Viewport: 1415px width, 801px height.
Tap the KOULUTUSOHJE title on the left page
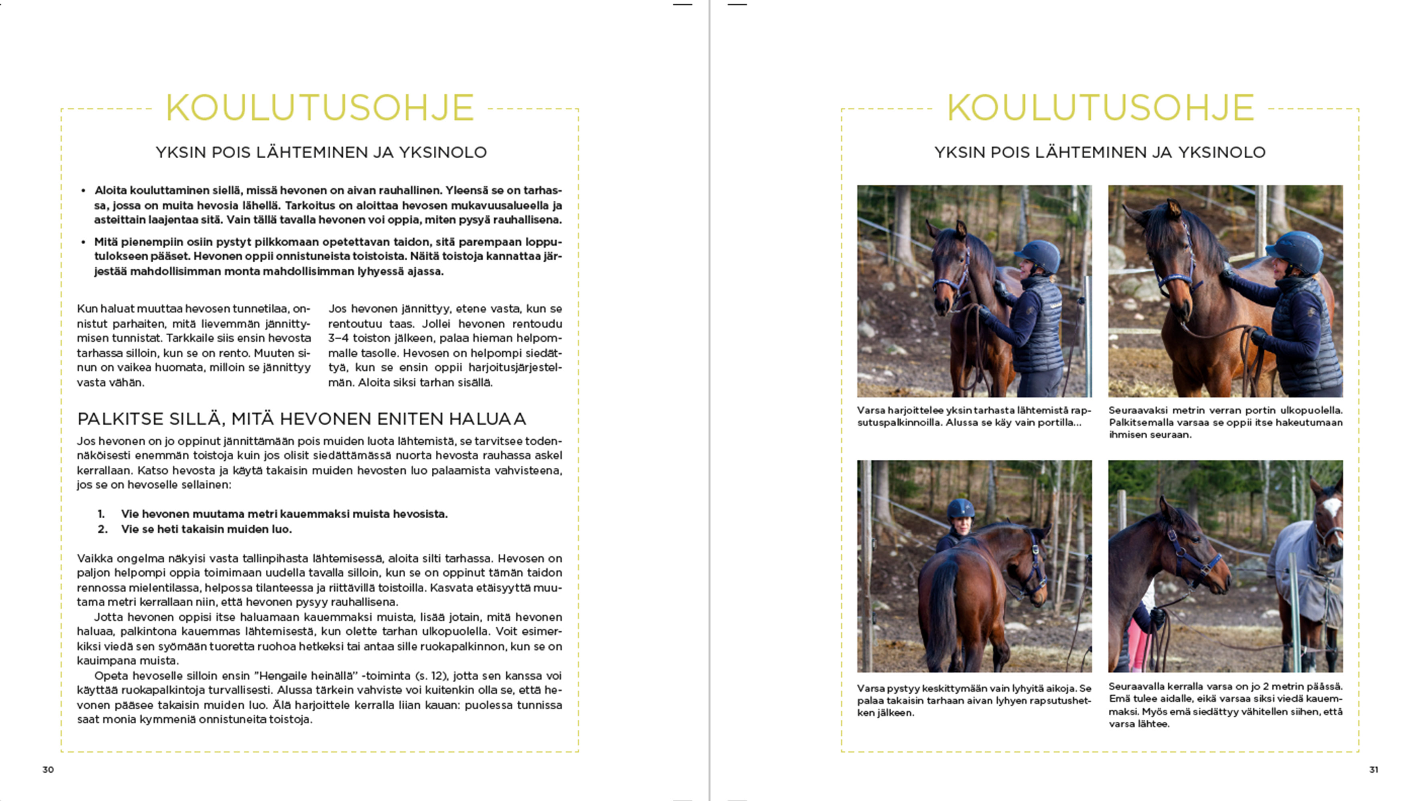click(x=319, y=108)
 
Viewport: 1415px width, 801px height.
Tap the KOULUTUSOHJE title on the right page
click(x=1100, y=108)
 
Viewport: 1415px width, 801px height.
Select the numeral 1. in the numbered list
click(x=101, y=514)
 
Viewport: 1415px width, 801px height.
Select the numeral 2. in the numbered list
click(x=102, y=529)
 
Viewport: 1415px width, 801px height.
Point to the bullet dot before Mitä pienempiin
click(x=83, y=242)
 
